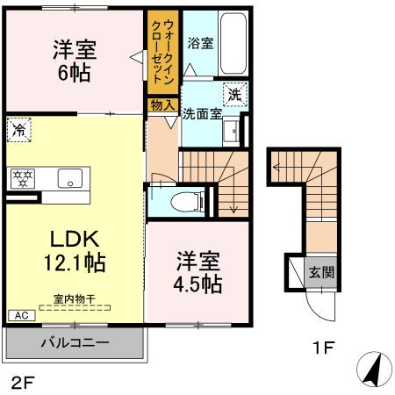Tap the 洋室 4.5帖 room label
[197, 273]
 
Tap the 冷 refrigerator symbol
[18, 129]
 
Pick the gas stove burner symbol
[22, 178]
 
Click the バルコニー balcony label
[74, 341]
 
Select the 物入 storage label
[161, 104]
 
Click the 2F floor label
[22, 382]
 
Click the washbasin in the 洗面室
[231, 132]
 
